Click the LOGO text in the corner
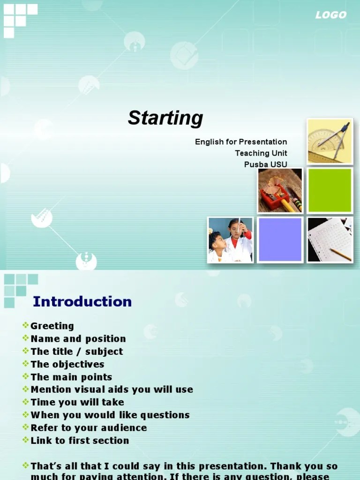pos(330,15)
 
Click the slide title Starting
pos(165,118)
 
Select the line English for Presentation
pos(241,142)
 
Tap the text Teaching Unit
pos(261,153)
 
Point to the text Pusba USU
pos(265,164)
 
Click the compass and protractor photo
pos(330,141)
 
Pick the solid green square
pos(330,190)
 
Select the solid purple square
pos(280,240)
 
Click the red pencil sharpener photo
pos(280,190)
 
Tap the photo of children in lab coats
pos(231,240)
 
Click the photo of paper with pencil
pos(330,240)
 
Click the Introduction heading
pos(82,301)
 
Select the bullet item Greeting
pos(52,326)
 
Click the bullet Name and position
pos(78,338)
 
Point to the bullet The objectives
pos(67,364)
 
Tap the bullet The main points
pos(71,377)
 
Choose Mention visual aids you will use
pos(112,390)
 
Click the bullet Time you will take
pos(77,402)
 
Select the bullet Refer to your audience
pos(89,427)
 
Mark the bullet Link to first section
pos(80,440)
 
